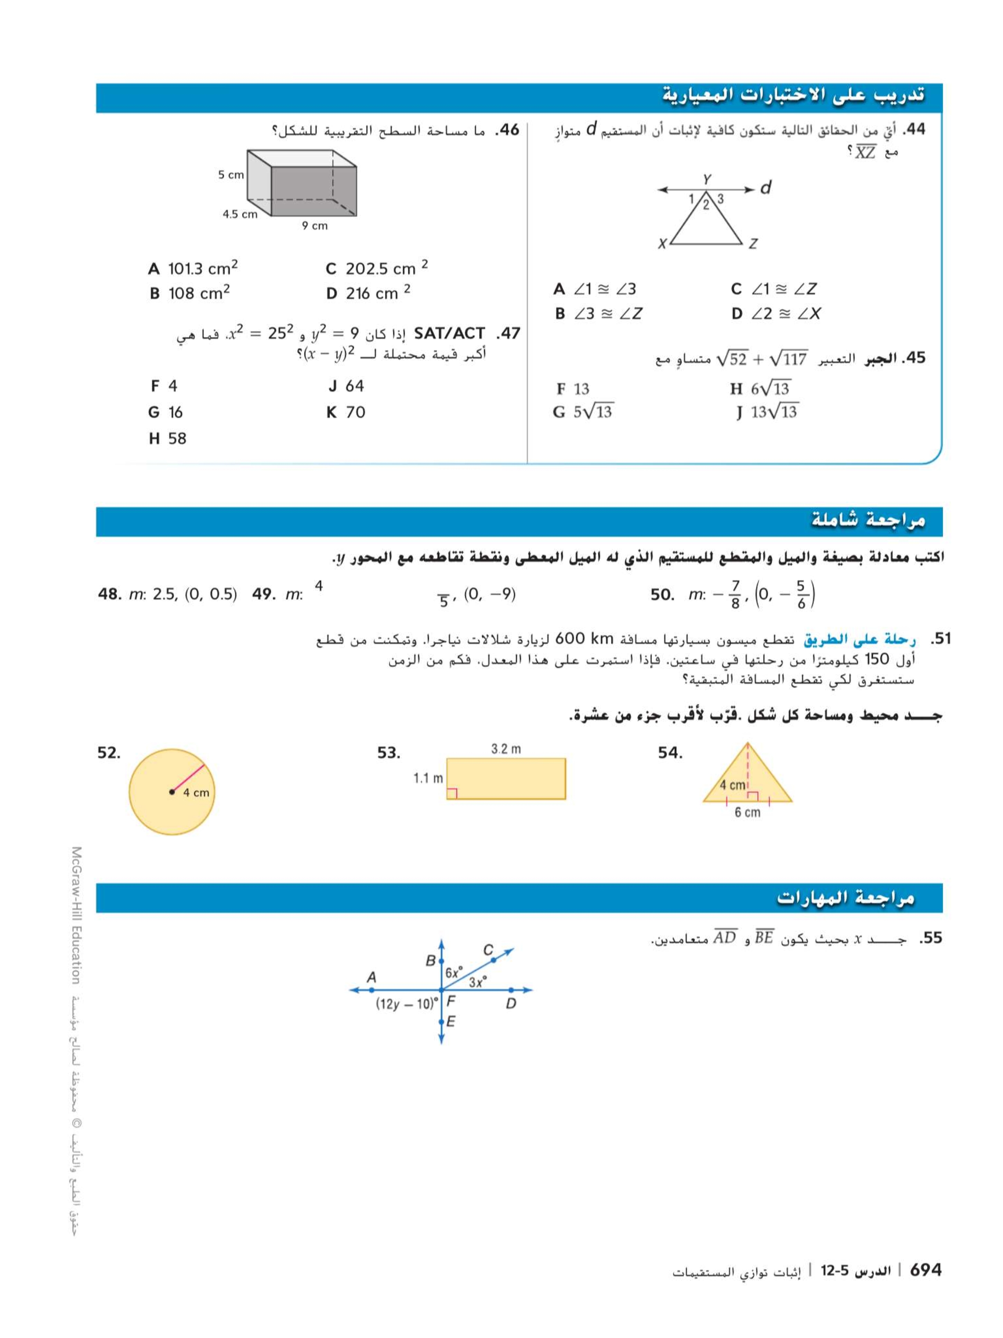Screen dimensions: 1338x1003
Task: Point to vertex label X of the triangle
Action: (662, 244)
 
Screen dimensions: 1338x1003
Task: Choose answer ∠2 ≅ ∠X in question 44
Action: (776, 313)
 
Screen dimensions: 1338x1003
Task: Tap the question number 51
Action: (940, 639)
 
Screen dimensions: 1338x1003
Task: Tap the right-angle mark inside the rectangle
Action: (452, 793)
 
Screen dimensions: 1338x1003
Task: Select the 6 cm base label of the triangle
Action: (747, 812)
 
